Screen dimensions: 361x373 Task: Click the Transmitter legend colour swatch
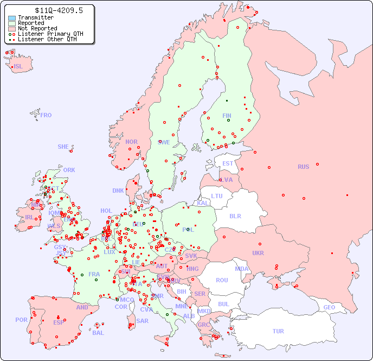point(12,18)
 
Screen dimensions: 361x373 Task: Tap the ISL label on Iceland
point(18,67)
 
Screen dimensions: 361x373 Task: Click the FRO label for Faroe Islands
point(46,115)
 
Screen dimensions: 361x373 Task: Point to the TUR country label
point(278,331)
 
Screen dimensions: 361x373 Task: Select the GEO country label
point(329,307)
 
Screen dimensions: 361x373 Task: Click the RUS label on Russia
point(303,167)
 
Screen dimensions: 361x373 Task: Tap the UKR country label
point(258,253)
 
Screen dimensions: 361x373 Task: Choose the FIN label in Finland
point(227,116)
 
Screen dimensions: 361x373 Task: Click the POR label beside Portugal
point(21,320)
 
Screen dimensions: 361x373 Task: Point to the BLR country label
point(235,216)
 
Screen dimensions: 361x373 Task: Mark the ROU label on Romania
point(222,280)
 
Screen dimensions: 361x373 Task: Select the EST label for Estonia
point(228,163)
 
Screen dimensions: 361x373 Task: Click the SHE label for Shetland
point(63,147)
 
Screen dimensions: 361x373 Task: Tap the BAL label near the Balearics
point(98,333)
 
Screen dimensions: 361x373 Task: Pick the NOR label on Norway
point(131,142)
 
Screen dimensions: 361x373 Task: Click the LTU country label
point(217,196)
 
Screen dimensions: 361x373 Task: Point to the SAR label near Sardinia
point(142,321)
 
